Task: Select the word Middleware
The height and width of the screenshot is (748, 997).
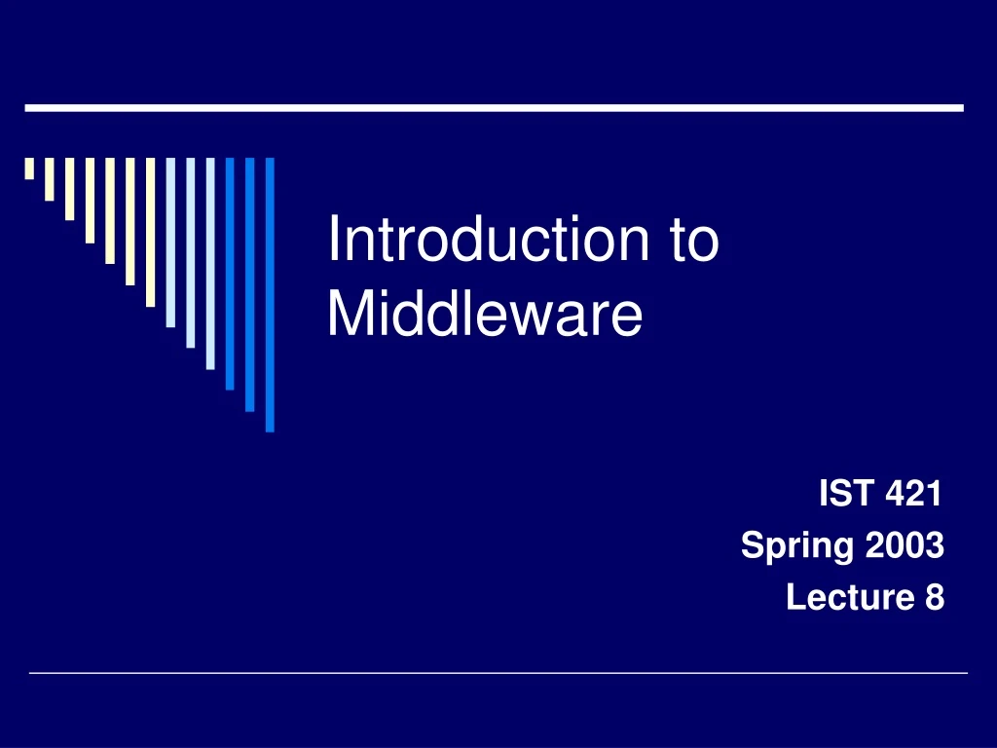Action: pyautogui.click(x=485, y=316)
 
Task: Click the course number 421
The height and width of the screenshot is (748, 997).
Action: pyautogui.click(x=914, y=496)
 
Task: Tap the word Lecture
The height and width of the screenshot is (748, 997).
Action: pyautogui.click(x=842, y=597)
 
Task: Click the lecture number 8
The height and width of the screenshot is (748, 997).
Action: pyautogui.click(x=934, y=597)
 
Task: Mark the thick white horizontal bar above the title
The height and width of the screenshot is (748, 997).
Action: pyautogui.click(x=494, y=108)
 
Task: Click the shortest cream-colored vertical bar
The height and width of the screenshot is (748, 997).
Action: pyautogui.click(x=29, y=168)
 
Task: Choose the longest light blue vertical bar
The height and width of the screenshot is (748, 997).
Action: pyautogui.click(x=210, y=263)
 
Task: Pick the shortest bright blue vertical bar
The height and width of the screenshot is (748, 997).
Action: pyautogui.click(x=230, y=273)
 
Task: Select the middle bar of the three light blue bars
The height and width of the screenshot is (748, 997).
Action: pyautogui.click(x=191, y=252)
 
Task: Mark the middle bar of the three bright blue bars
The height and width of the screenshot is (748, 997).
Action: pyautogui.click(x=250, y=283)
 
